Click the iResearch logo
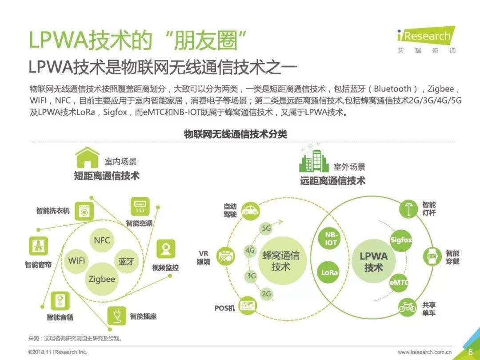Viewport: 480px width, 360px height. (426, 40)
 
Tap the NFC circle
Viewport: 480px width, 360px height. (102, 240)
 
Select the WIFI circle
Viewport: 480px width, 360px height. (76, 261)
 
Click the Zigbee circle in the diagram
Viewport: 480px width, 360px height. (102, 279)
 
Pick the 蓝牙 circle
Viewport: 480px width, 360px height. (126, 261)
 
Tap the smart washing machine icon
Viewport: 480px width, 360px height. (84, 211)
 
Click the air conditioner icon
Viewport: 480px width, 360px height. (140, 207)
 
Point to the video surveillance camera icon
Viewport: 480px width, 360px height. (166, 249)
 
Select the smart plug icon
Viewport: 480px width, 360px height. (116, 316)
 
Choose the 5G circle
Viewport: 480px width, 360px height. (266, 228)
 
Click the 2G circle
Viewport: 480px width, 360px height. (266, 294)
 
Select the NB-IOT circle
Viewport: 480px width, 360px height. (331, 239)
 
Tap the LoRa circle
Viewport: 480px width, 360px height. (329, 272)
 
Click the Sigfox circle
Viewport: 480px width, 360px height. (401, 240)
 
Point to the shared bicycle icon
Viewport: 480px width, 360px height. (408, 307)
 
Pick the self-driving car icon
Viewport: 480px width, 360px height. (250, 211)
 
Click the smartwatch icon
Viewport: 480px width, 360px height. (432, 256)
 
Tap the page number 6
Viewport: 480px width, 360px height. (471, 352)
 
